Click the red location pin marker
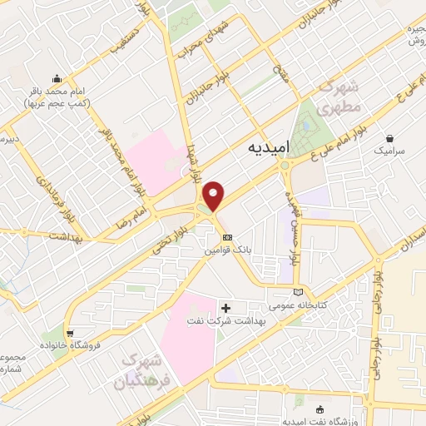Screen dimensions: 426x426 (x=215, y=196)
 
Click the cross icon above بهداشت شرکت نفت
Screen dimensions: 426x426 (x=225, y=308)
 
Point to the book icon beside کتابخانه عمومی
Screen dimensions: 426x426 (x=300, y=292)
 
